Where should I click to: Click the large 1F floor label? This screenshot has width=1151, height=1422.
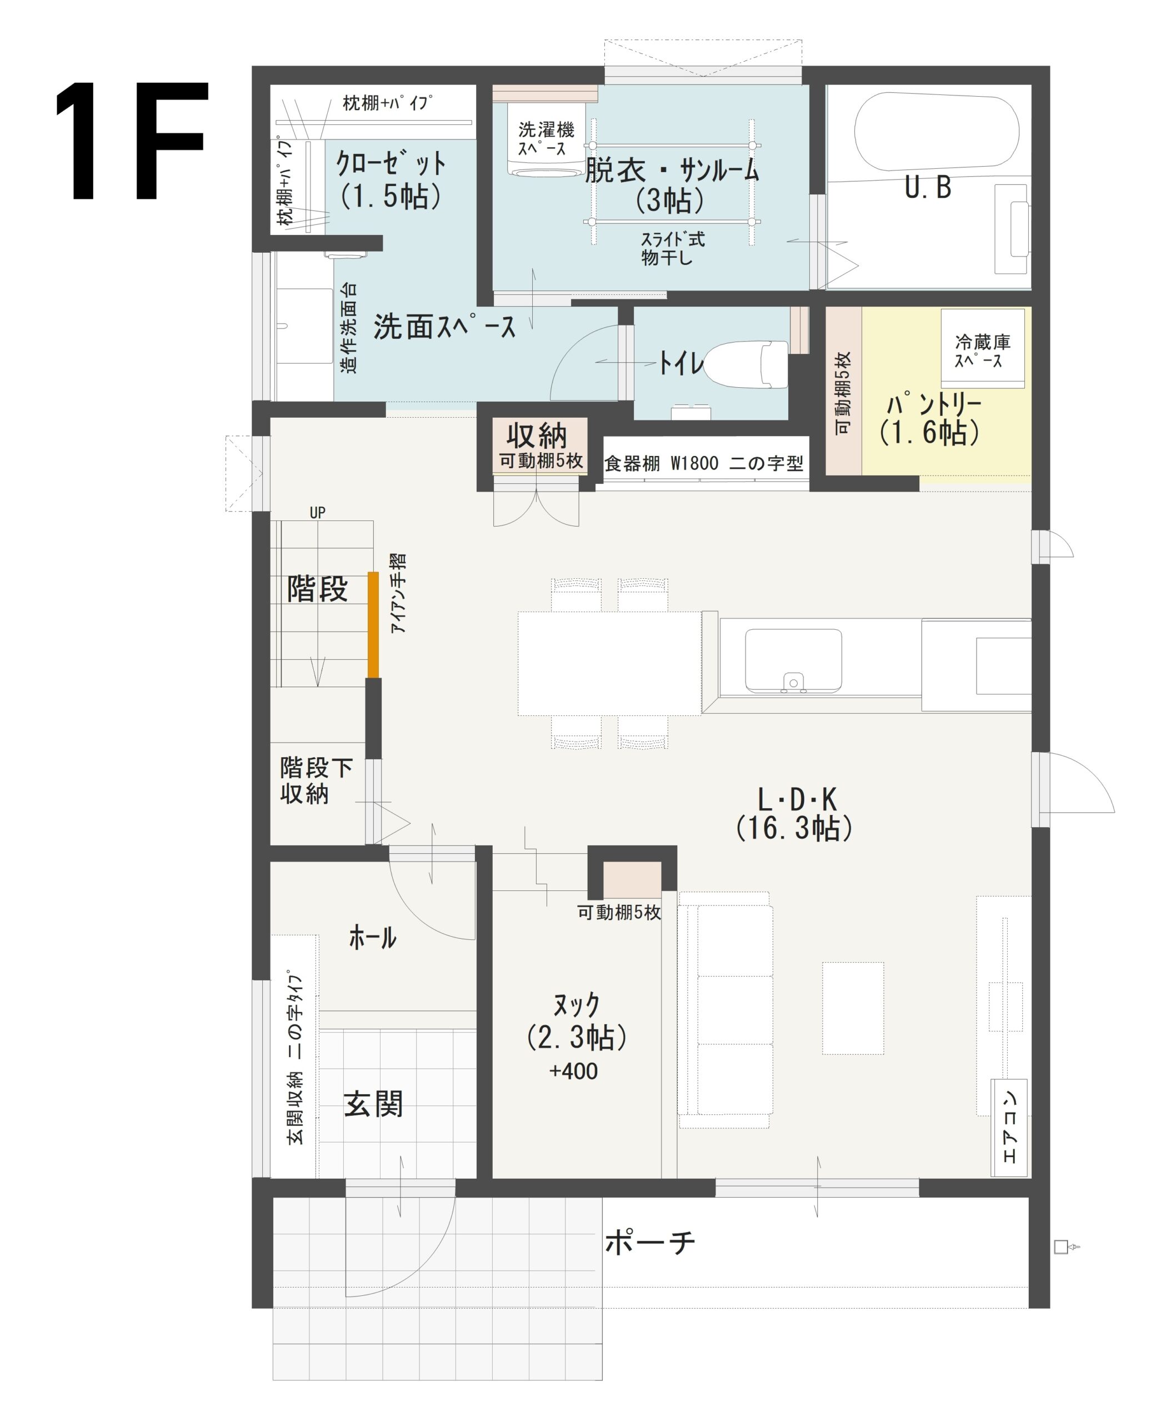pyautogui.click(x=131, y=141)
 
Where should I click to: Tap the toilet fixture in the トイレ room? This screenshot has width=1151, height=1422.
pyautogui.click(x=746, y=364)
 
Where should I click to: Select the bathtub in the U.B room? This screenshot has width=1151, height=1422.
pyautogui.click(x=935, y=130)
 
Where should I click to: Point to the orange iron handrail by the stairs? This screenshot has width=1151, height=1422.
pyautogui.click(x=373, y=624)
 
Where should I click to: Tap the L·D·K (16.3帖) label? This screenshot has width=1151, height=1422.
pyautogui.click(x=794, y=814)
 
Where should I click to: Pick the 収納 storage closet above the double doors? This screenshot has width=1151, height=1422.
pyautogui.click(x=539, y=445)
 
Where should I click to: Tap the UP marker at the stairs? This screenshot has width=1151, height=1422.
pyautogui.click(x=318, y=513)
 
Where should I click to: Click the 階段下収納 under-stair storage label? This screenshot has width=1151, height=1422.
pyautogui.click(x=316, y=781)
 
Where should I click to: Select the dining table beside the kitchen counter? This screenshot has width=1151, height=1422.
pyautogui.click(x=609, y=663)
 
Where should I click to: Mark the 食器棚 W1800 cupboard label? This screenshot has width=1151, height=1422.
pyautogui.click(x=703, y=463)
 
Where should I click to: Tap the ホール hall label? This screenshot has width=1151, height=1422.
pyautogui.click(x=373, y=938)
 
